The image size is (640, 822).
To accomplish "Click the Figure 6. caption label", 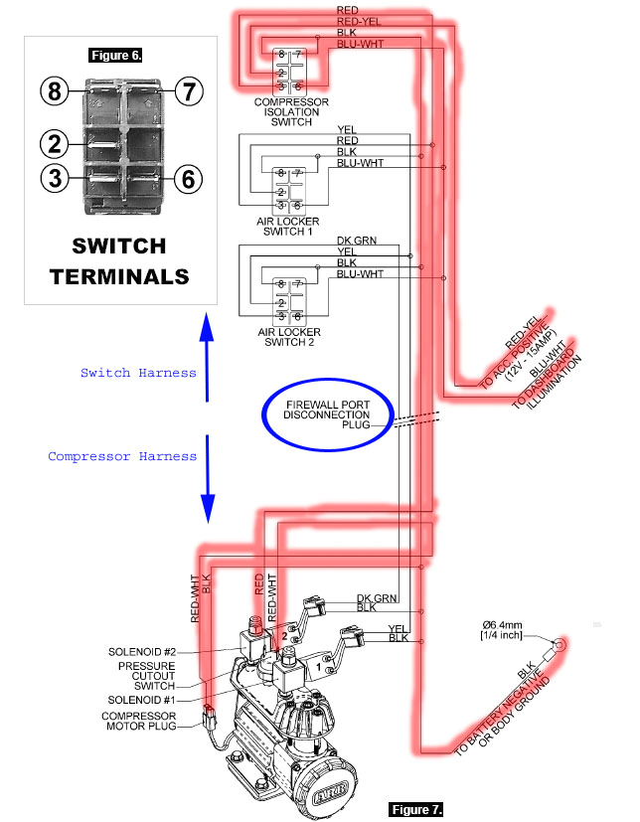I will coord(115,55).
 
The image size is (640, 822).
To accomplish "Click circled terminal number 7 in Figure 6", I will coord(189,92).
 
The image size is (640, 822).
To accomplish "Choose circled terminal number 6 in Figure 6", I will coord(189,180).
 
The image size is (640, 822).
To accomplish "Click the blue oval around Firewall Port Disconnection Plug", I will coord(328,415).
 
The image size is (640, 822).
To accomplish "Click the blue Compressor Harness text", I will coord(122,456).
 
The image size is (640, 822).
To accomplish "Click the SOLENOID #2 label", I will coord(141,652).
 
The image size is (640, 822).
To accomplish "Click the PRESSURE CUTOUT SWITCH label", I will coord(147,675).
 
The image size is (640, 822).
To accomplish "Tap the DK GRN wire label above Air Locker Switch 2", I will coord(356,242).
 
